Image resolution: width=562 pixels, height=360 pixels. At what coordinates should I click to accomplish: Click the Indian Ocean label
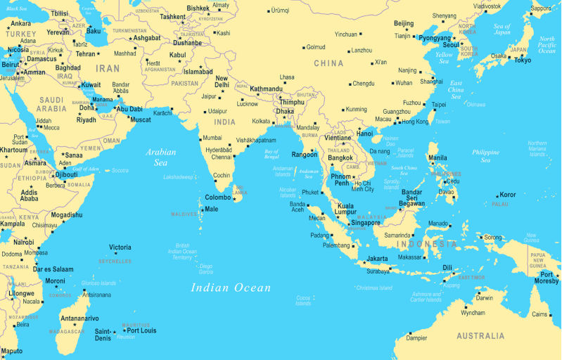(231, 287)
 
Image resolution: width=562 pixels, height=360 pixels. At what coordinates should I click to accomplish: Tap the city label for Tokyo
(522, 60)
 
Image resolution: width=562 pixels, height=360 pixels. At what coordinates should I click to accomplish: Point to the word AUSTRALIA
(480, 336)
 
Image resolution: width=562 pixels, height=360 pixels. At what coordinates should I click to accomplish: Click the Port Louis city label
(141, 330)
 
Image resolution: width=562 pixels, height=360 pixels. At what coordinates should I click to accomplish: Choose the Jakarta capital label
(376, 259)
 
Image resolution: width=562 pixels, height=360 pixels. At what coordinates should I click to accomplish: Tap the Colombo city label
(217, 198)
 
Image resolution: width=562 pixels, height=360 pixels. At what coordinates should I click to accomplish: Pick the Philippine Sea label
(485, 155)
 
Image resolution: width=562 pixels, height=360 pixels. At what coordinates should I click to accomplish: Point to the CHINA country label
(328, 63)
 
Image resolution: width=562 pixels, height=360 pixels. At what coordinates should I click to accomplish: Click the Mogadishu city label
(66, 215)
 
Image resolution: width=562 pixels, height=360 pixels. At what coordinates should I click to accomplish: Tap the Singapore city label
(365, 223)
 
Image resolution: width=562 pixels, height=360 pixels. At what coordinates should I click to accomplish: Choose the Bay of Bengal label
(271, 155)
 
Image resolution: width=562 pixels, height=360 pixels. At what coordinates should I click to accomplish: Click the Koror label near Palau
(507, 195)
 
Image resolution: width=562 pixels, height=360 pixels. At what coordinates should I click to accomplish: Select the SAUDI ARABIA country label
(52, 104)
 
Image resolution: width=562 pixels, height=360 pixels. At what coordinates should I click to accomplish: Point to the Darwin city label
(484, 298)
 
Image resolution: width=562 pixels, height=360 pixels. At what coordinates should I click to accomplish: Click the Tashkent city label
(172, 16)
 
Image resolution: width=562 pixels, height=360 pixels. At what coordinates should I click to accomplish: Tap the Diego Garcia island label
(205, 269)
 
